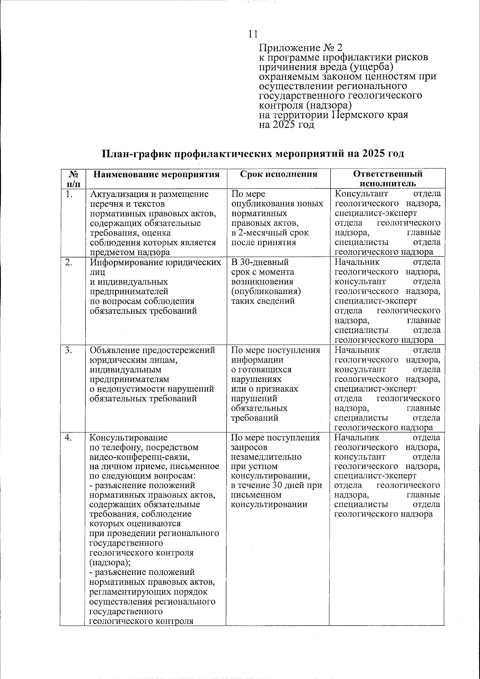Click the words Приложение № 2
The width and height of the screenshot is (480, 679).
coord(301,48)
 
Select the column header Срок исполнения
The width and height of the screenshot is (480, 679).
coord(278,174)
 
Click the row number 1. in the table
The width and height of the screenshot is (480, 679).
coord(70,195)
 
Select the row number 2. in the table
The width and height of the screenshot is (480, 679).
coord(70,263)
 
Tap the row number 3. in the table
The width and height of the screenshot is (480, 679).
coord(70,350)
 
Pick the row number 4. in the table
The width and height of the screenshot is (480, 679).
coord(70,438)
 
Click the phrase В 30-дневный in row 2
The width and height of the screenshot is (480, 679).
coord(260,263)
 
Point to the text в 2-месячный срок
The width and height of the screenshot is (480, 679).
coord(270,233)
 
